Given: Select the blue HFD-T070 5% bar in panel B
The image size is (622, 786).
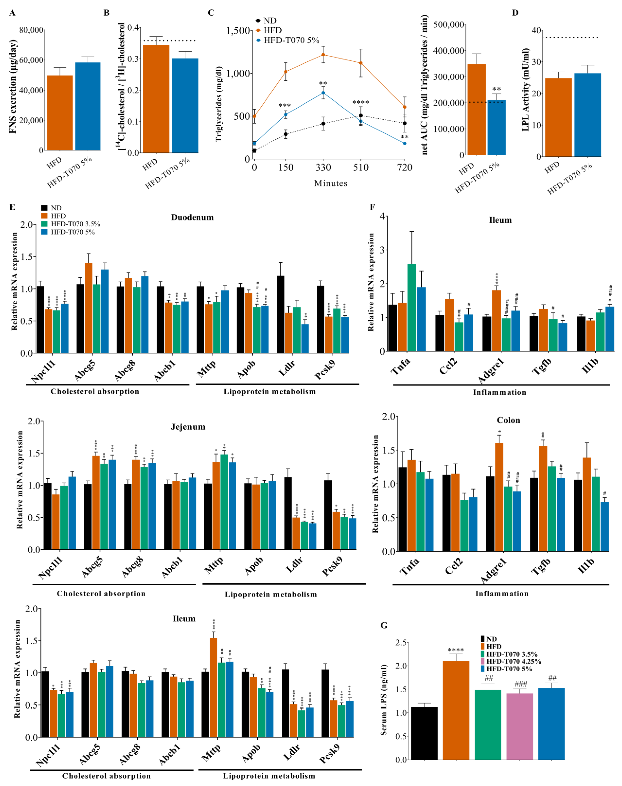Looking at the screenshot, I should [185, 106].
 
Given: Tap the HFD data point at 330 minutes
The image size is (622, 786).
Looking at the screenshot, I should [323, 55].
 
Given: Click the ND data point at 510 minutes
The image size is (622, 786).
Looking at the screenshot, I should [361, 115].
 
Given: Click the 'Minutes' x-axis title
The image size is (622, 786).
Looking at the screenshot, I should [331, 183].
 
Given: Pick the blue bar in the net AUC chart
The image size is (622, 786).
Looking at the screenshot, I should [496, 128].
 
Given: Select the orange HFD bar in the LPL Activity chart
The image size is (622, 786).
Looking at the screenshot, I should [558, 117].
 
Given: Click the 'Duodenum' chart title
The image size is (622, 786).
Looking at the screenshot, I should [192, 217].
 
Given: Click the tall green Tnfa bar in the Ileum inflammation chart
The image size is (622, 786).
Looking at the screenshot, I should [412, 308].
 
